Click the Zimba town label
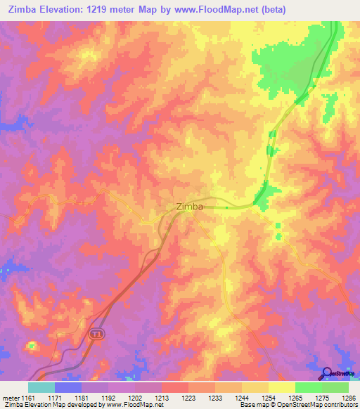188,207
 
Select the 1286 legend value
348,397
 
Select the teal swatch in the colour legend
41,387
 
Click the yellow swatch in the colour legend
281,387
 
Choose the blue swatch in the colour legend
68,387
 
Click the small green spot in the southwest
31,345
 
